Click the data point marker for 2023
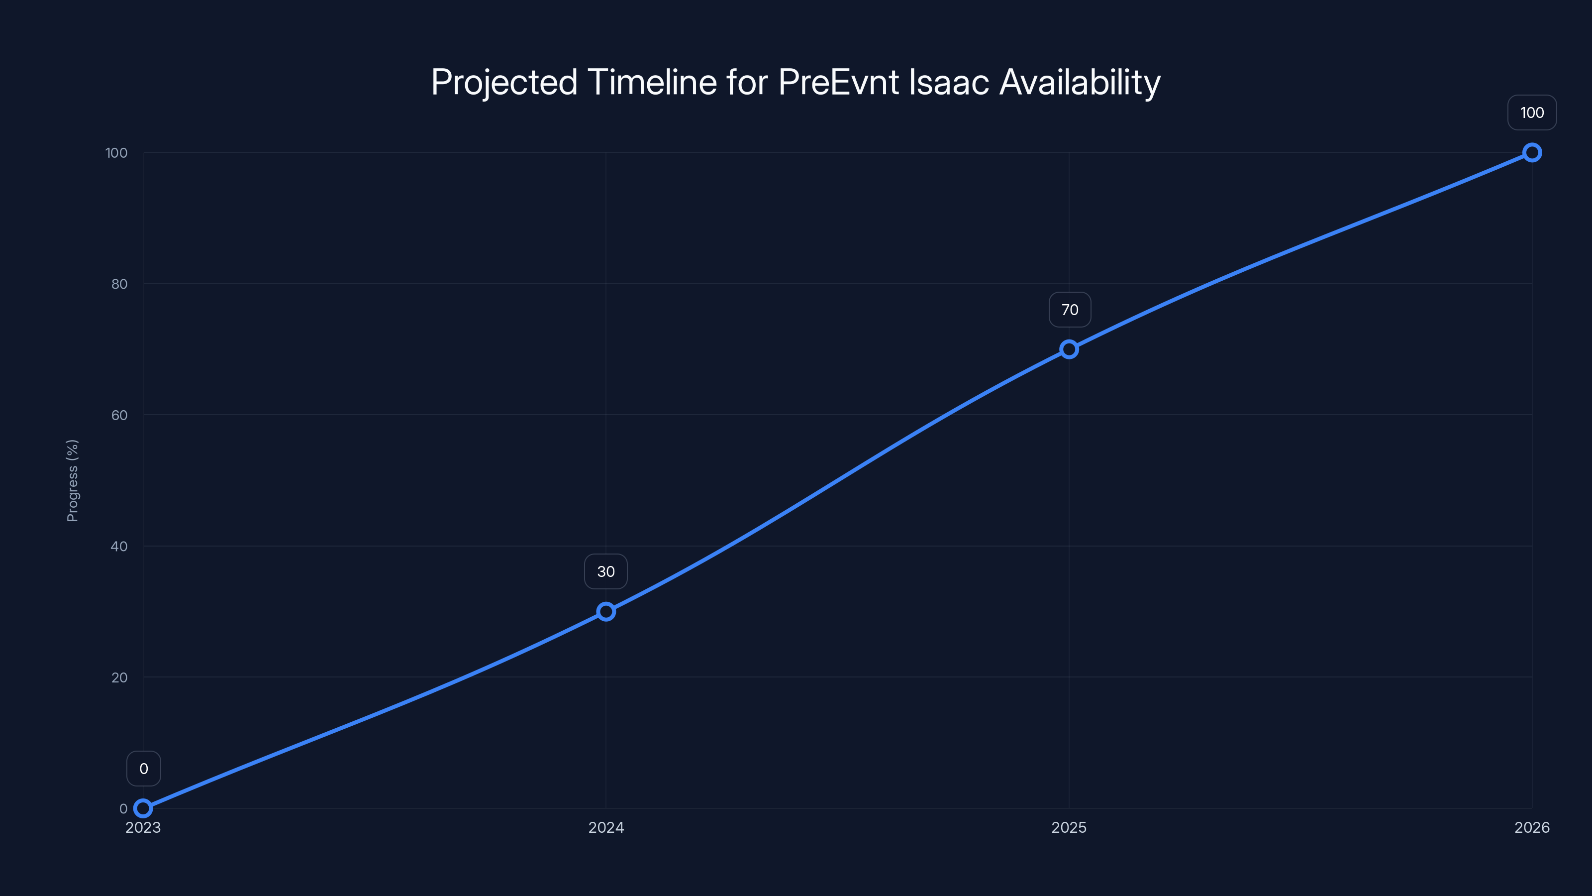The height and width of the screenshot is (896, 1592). (x=143, y=808)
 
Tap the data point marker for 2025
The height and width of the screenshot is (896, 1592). (x=1069, y=349)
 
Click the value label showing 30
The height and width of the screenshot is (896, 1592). (x=605, y=571)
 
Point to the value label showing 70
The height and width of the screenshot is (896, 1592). (x=1070, y=310)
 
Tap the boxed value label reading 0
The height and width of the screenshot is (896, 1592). (x=144, y=769)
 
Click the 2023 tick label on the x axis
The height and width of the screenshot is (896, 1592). (x=143, y=827)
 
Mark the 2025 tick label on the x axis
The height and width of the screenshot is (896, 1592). (x=1069, y=827)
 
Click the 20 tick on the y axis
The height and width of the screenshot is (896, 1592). (x=119, y=677)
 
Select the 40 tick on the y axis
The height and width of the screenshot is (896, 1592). (x=119, y=546)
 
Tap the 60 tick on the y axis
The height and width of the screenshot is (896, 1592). (x=119, y=415)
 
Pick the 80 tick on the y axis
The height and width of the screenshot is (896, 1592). (x=119, y=284)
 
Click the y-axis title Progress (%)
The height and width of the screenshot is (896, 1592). (x=72, y=480)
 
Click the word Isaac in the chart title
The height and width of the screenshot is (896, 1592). (x=949, y=82)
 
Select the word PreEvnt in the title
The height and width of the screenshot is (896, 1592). (x=838, y=82)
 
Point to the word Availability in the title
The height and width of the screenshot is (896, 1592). (x=1080, y=82)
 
